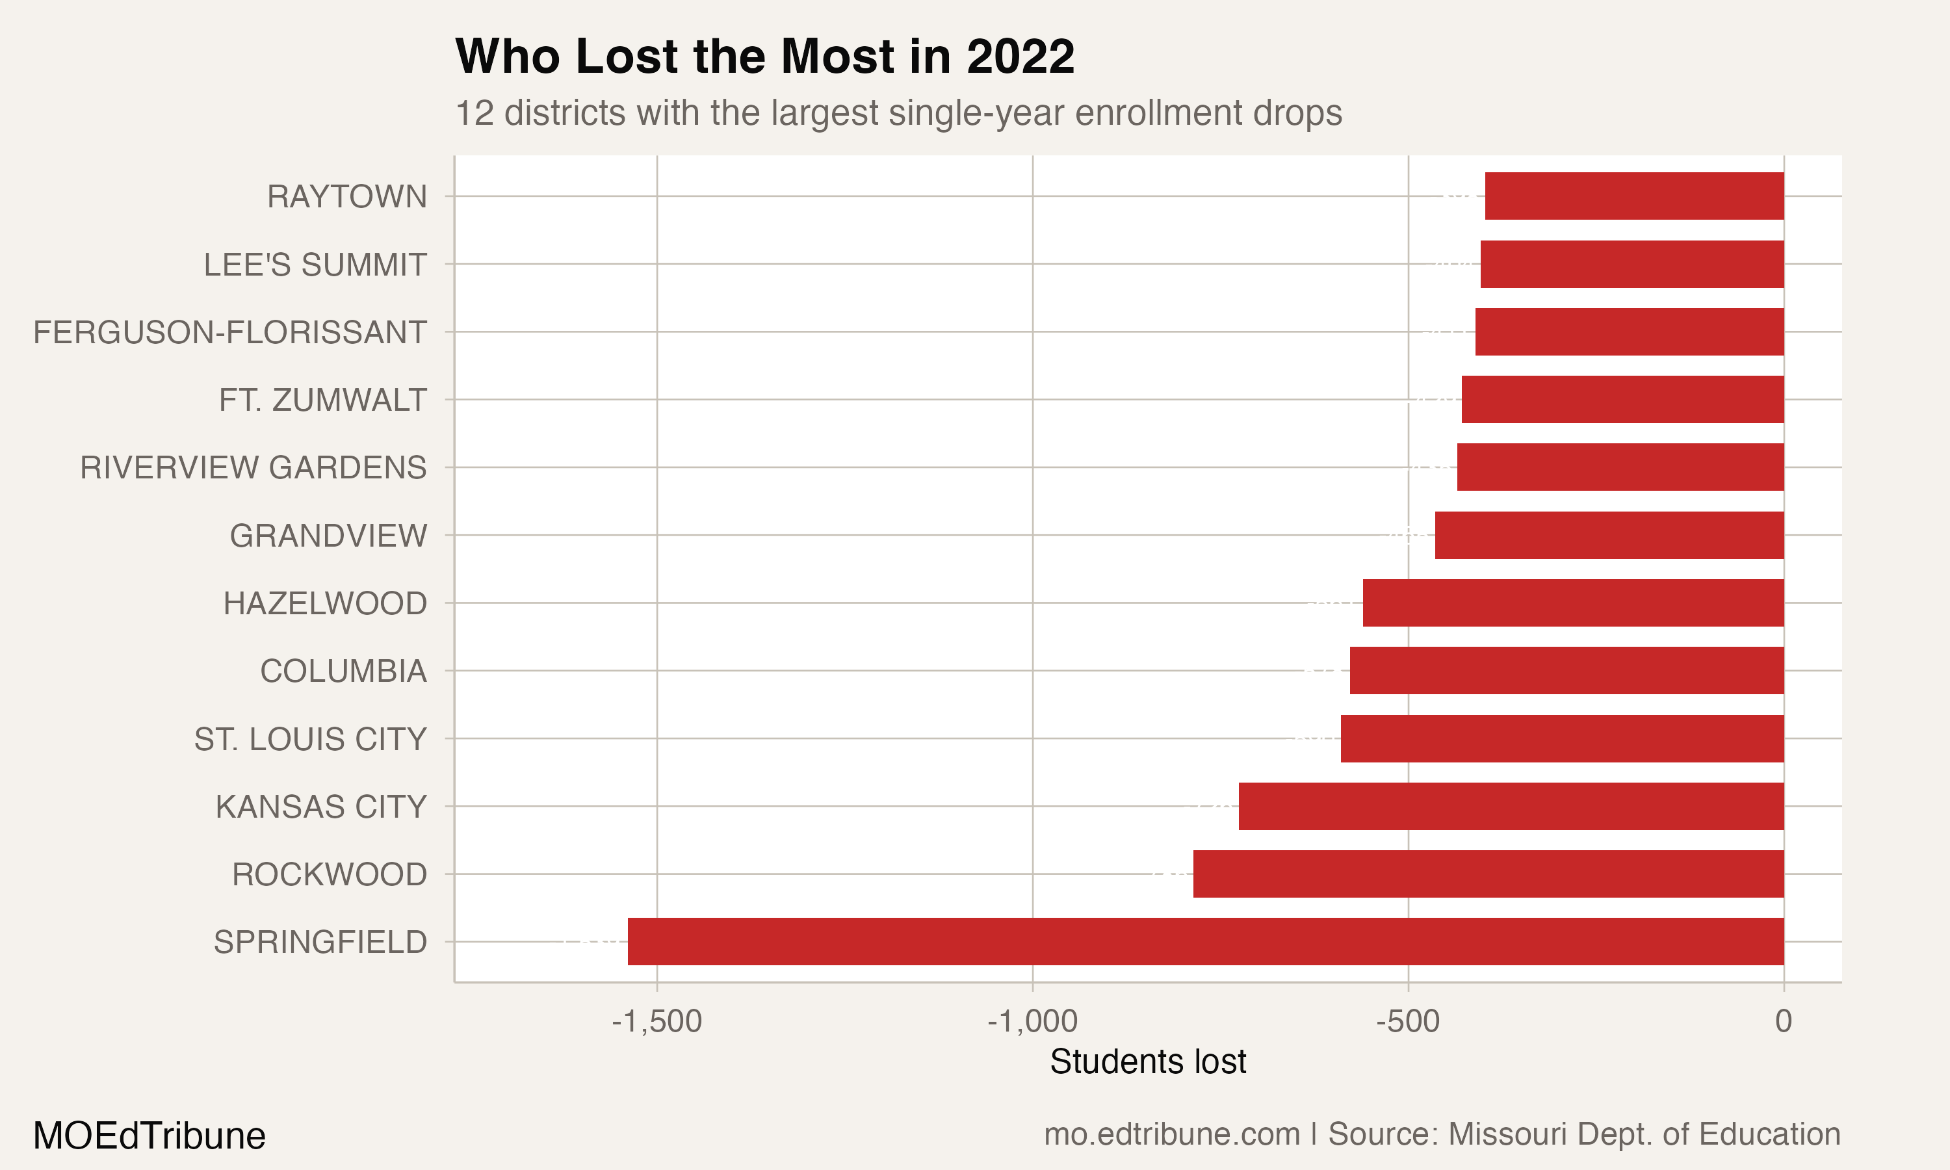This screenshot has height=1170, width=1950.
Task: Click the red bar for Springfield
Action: coord(1205,941)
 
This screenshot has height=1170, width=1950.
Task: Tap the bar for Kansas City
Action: coord(1511,806)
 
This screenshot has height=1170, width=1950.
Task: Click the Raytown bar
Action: coord(1634,196)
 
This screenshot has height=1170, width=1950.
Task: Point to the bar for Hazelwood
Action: coord(1573,603)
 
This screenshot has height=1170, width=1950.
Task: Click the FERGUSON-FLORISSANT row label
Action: coord(229,332)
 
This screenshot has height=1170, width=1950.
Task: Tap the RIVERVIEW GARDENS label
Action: coord(253,467)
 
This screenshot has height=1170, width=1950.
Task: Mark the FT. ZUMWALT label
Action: coord(322,400)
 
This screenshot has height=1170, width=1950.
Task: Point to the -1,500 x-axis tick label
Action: coord(656,1021)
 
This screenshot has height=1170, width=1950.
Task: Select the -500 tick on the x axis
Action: coord(1408,1021)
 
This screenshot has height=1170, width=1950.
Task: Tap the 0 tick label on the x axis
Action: coord(1783,1021)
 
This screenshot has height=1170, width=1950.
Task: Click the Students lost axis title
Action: coord(1148,1061)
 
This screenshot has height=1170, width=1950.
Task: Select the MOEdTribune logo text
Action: coord(149,1136)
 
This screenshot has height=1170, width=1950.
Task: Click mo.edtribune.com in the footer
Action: coord(1171,1134)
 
